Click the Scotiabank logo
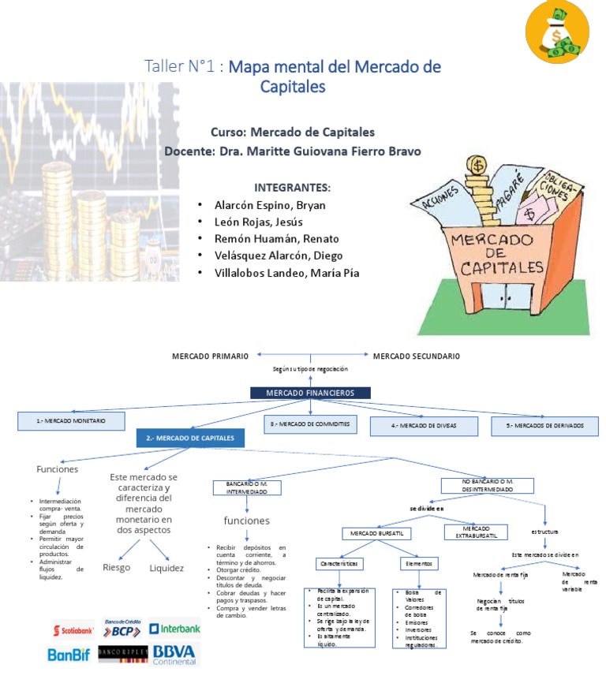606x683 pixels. pyautogui.click(x=73, y=630)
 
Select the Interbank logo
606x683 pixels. pyautogui.click(x=175, y=629)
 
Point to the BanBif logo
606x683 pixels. pyautogui.click(x=70, y=654)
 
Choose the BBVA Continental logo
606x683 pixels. pyautogui.click(x=175, y=654)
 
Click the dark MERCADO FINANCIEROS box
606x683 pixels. pyautogui.click(x=310, y=393)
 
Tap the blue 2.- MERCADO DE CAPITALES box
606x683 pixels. pyautogui.click(x=190, y=438)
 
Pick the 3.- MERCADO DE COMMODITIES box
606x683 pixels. pyautogui.click(x=310, y=425)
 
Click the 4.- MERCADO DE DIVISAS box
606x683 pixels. pyautogui.click(x=424, y=426)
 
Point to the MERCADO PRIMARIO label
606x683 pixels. pyautogui.click(x=211, y=356)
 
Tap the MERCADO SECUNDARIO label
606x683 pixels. pyautogui.click(x=416, y=356)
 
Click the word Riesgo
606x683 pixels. pyautogui.click(x=117, y=568)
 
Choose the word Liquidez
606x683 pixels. pyautogui.click(x=166, y=568)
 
